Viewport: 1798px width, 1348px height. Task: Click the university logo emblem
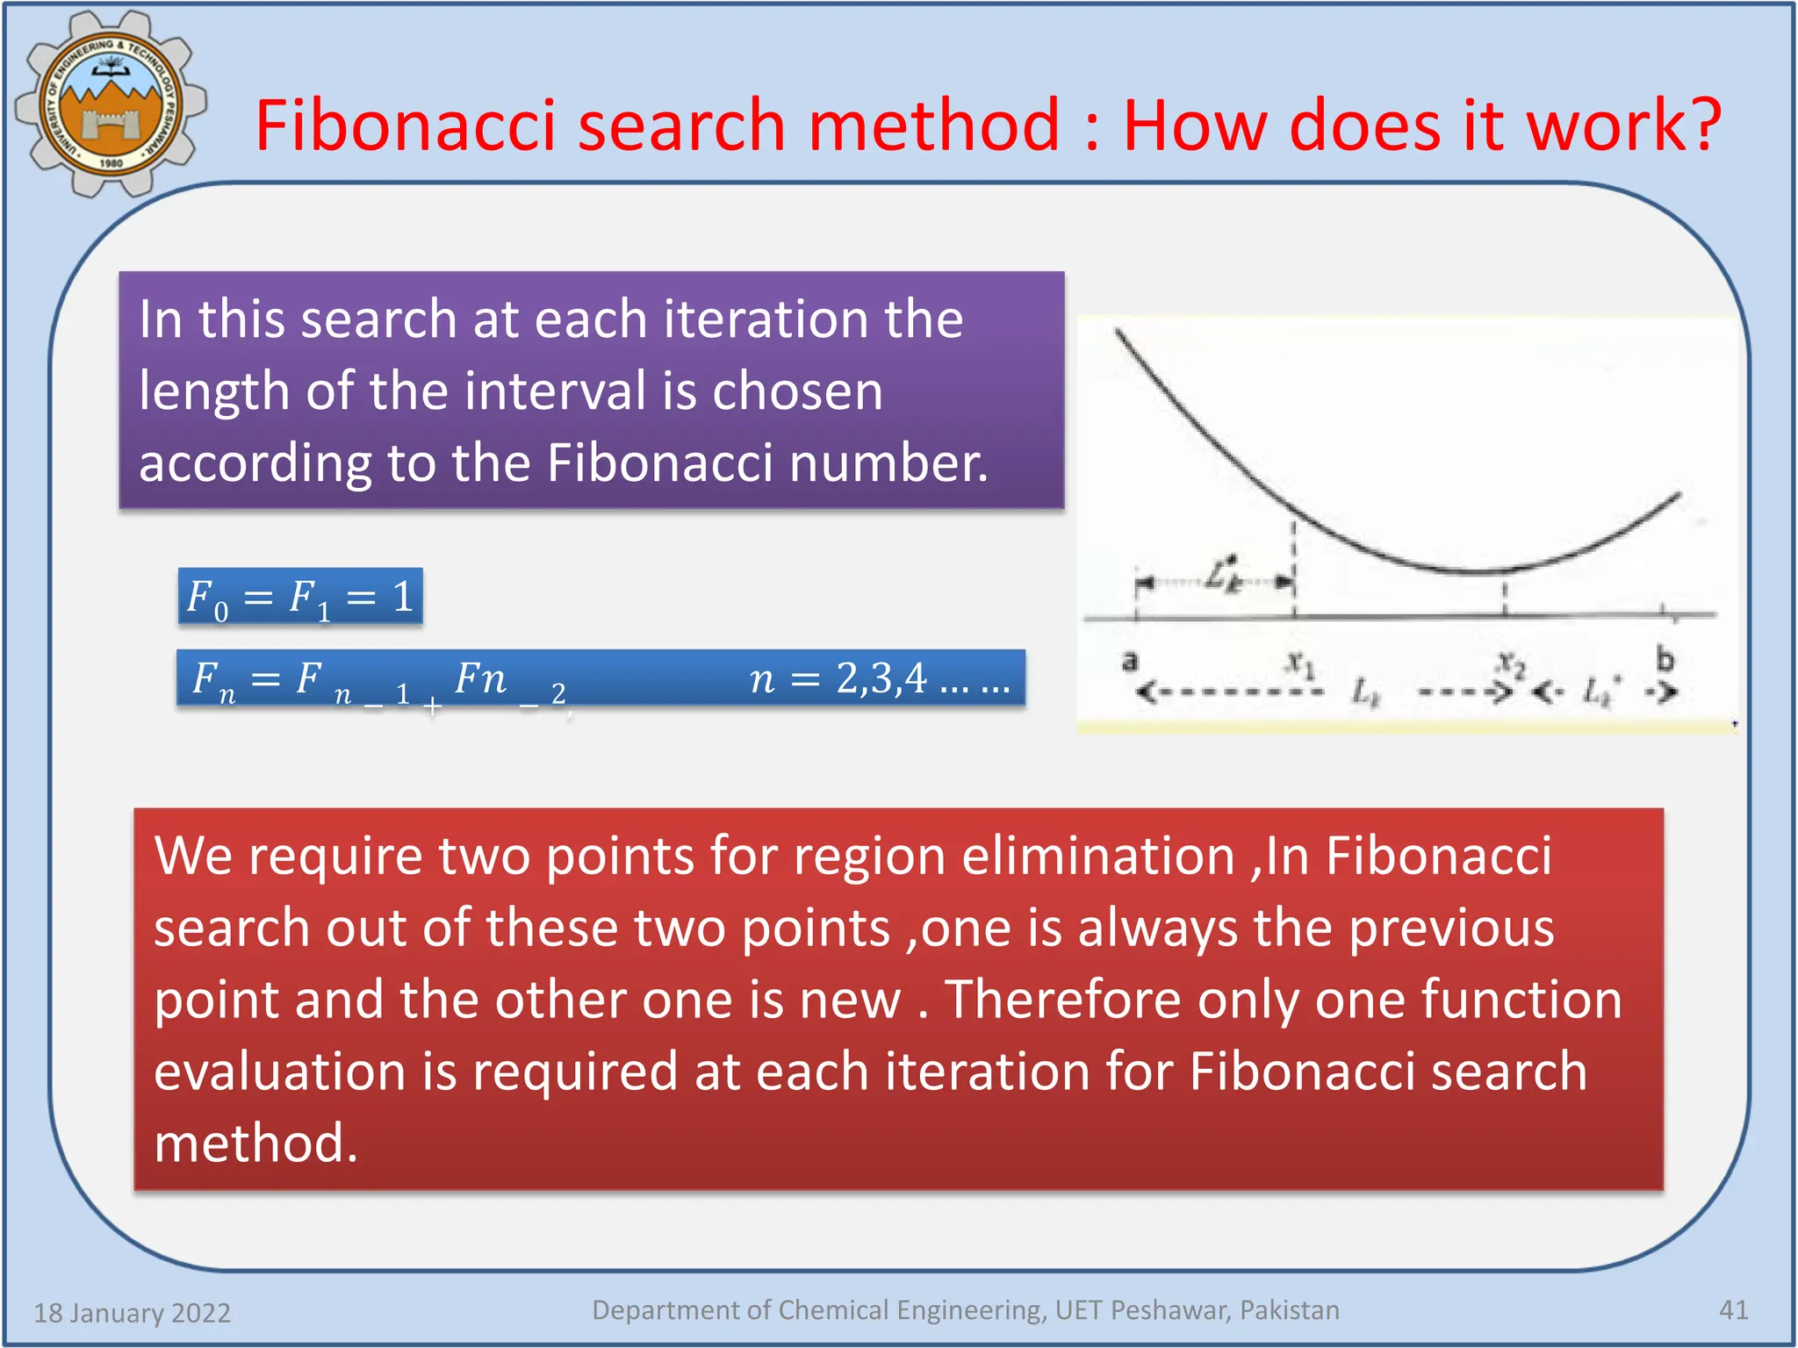pos(111,104)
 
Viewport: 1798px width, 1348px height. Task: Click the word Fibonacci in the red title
pos(406,125)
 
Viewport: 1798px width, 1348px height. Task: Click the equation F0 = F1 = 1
pos(300,598)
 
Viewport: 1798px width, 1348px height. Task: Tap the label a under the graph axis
pos(1131,660)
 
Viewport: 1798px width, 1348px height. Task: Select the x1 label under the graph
pos(1300,663)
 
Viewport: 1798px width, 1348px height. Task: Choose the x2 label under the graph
pos(1511,663)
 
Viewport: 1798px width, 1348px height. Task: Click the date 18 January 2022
pos(133,1313)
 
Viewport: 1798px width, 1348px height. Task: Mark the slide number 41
pos(1733,1310)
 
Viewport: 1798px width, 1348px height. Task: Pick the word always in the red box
pos(1158,928)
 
